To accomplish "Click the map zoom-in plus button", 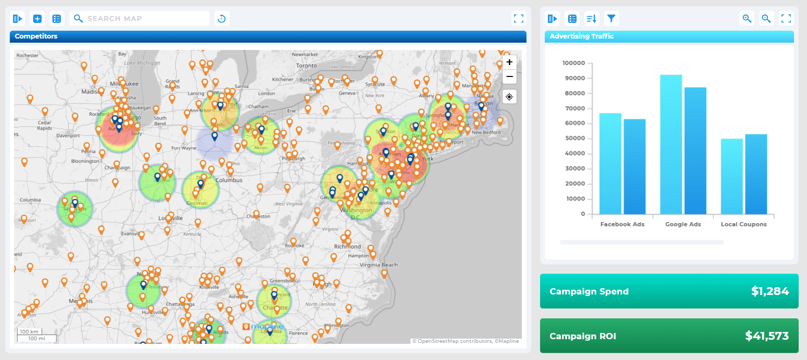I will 509,62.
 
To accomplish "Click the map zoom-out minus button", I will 509,76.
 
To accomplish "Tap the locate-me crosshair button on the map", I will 509,97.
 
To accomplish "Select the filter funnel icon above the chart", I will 611,19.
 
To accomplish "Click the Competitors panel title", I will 36,36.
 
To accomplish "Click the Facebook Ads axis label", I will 622,224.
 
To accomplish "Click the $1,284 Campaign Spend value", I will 770,291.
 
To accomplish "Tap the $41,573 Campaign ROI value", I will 766,336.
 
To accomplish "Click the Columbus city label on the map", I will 229,180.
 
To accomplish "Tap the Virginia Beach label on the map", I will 380,265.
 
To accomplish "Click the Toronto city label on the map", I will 306,66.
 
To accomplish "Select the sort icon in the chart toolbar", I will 591,19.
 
